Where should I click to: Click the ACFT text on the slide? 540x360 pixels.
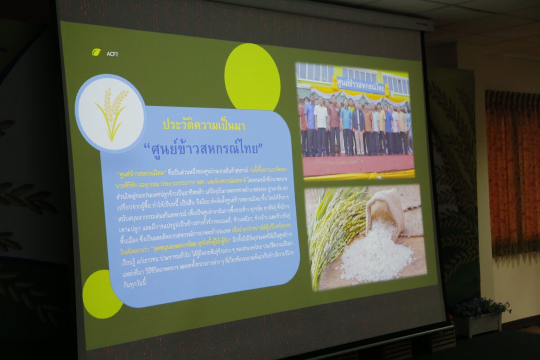(112, 54)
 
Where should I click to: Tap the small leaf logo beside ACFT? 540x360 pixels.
(96, 52)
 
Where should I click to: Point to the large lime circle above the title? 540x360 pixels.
(252, 77)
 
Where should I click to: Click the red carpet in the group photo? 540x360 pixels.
(355, 165)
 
